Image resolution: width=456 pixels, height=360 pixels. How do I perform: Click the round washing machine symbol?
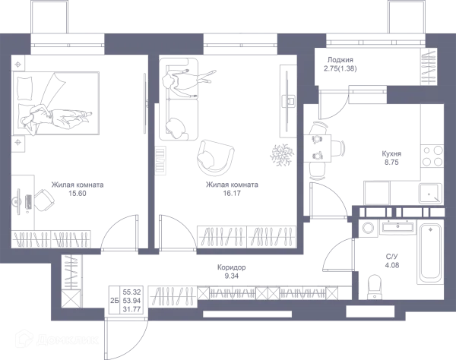[x=369, y=228]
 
